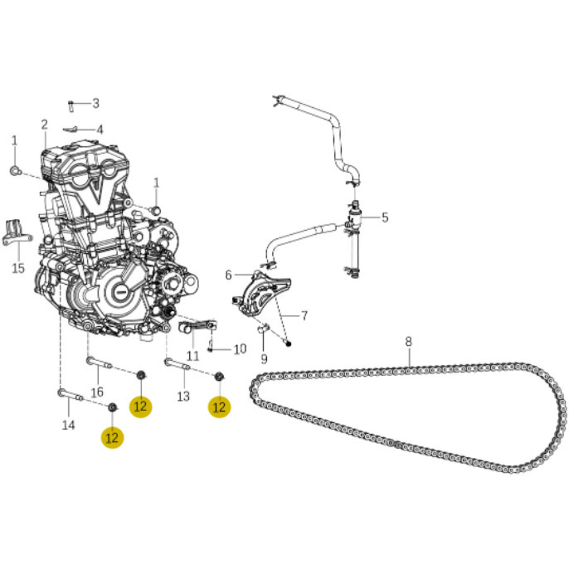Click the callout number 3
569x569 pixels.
96,103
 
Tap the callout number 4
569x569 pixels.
100,130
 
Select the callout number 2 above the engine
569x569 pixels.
44,125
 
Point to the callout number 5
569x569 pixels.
385,218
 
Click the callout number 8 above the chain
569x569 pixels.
408,342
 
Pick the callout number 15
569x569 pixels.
19,268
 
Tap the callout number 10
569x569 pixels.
240,349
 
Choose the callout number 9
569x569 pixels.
264,359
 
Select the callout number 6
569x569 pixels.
228,275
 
